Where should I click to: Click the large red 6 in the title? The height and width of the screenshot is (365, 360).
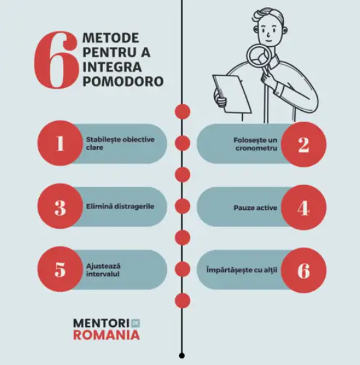55,60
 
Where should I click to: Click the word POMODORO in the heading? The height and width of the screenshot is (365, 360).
123,81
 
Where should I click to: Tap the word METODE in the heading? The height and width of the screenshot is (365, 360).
111,38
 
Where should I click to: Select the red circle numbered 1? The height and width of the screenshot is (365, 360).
60,143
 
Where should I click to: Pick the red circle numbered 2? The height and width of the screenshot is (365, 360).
303,144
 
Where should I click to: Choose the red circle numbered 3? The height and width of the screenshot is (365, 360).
60,206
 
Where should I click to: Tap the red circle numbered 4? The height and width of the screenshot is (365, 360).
303,208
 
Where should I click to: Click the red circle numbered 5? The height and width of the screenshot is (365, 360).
60,269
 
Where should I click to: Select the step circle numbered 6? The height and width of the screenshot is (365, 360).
303,270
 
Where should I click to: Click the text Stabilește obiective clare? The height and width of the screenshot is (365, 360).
120,143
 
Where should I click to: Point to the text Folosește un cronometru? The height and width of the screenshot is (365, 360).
255,144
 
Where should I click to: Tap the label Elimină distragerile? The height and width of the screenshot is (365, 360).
120,207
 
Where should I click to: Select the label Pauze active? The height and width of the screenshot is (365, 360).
255,208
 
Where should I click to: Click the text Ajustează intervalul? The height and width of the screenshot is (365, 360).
104,270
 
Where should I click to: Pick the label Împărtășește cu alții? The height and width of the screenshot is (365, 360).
242,270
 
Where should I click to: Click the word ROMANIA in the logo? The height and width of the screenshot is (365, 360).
107,335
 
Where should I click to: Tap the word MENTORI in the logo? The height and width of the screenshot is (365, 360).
102,323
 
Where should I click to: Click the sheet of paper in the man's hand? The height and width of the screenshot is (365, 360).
232,93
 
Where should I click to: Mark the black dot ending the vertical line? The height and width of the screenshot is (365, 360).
182,355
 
